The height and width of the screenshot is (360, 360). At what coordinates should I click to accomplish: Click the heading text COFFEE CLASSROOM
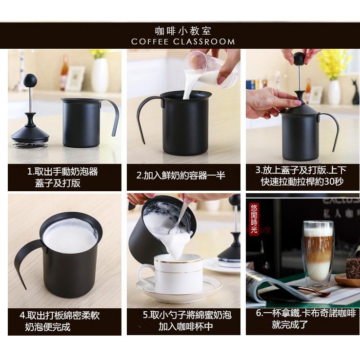[x=183, y=42]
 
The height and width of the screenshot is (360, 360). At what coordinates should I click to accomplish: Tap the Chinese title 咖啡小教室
[x=183, y=30]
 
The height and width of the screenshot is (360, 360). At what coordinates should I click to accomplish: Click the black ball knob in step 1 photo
[x=30, y=80]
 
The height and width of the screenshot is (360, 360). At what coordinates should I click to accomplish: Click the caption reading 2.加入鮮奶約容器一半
[x=181, y=176]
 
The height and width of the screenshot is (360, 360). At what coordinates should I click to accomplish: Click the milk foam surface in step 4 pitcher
[x=70, y=236]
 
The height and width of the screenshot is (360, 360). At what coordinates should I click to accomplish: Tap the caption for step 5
[x=187, y=321]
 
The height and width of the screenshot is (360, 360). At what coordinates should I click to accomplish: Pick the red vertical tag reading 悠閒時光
[x=254, y=220]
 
